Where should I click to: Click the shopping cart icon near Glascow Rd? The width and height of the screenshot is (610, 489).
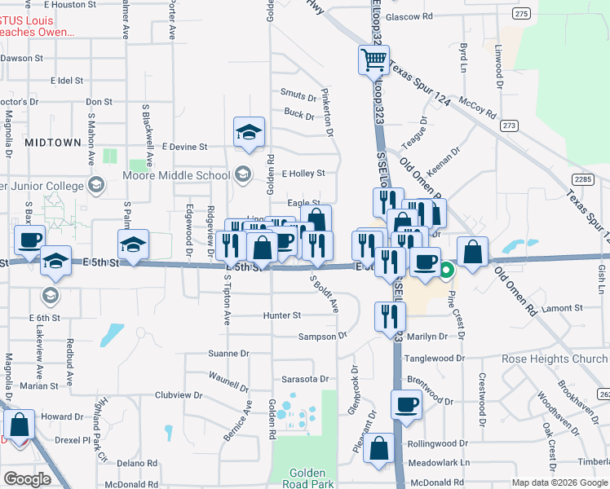pyautogui.click(x=373, y=58)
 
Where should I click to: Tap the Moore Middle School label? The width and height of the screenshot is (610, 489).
pyautogui.click(x=176, y=175)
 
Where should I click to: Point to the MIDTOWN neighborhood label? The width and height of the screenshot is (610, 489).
pyautogui.click(x=53, y=142)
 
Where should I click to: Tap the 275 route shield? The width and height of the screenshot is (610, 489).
pyautogui.click(x=523, y=14)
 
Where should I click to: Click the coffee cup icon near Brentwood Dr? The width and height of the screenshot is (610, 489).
pyautogui.click(x=406, y=403)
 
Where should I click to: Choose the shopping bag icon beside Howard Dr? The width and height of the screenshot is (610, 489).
pyautogui.click(x=19, y=424)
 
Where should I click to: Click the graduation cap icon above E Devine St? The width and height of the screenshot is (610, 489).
pyautogui.click(x=249, y=132)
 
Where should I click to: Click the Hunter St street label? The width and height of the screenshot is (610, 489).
pyautogui.click(x=282, y=315)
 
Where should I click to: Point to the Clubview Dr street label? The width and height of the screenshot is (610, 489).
pyautogui.click(x=178, y=394)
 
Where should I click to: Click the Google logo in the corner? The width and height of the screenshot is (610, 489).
pyautogui.click(x=27, y=479)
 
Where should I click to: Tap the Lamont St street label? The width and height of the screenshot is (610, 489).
pyautogui.click(x=560, y=308)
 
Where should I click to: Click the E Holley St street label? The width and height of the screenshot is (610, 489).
pyautogui.click(x=303, y=174)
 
